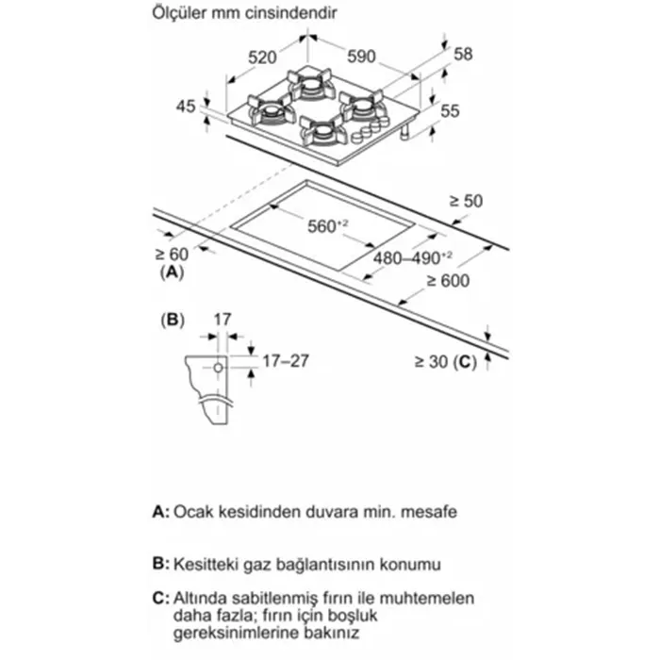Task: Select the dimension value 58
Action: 463,55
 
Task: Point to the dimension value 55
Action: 450,111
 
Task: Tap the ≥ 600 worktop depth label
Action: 446,279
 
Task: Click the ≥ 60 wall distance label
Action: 173,255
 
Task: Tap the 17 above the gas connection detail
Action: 221,320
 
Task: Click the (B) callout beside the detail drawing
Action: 173,320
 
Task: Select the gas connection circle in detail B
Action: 218,366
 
